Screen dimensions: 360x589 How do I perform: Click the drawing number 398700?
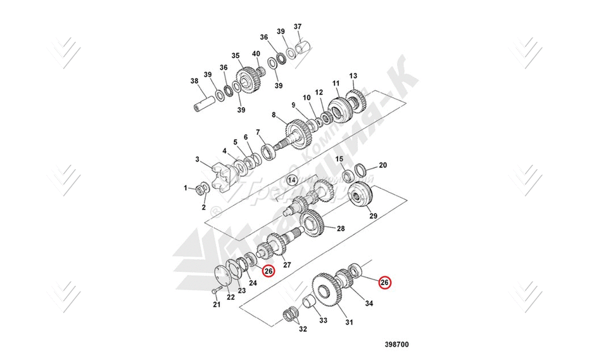396,345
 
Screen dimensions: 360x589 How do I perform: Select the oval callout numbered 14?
292,180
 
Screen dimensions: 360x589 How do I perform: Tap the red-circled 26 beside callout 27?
269,271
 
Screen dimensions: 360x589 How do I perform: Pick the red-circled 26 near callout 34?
384,282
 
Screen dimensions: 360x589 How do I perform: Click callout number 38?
195,81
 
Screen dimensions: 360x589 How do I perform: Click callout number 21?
217,305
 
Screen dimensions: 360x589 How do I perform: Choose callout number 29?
373,216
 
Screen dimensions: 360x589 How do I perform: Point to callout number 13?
353,75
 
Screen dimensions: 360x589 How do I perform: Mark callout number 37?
298,27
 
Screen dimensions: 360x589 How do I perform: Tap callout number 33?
323,321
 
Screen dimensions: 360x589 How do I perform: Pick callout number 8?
274,115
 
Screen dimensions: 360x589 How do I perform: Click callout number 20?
383,165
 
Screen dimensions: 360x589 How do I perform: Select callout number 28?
340,228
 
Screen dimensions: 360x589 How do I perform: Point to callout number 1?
186,188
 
